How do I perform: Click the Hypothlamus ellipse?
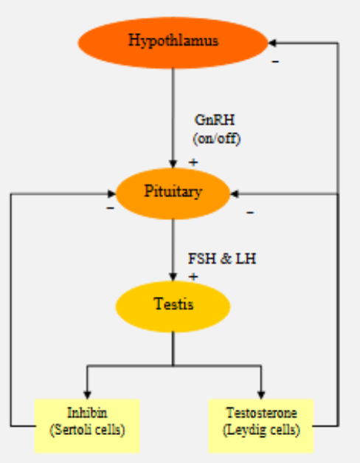click(x=173, y=42)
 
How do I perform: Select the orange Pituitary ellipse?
click(x=173, y=193)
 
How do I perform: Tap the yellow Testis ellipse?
click(x=173, y=303)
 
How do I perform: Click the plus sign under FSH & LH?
click(x=193, y=276)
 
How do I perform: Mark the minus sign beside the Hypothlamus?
click(x=275, y=61)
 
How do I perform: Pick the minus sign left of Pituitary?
click(x=110, y=209)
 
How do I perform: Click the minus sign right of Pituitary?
click(x=250, y=213)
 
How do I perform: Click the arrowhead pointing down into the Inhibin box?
click(x=87, y=393)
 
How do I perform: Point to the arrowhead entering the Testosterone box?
click(x=261, y=393)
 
